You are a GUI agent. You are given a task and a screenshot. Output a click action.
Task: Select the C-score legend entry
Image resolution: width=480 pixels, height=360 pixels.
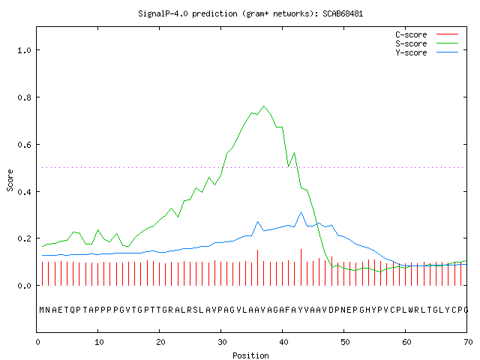(427, 34)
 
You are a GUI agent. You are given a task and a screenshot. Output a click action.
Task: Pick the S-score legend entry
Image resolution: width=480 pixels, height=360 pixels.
(427, 43)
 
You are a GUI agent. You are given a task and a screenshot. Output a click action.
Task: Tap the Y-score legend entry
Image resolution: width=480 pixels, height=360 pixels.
(427, 52)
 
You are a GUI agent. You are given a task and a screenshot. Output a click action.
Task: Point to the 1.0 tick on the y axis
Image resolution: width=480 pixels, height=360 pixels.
(24, 50)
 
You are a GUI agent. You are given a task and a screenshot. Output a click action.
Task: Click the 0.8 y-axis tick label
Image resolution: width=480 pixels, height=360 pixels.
(24, 97)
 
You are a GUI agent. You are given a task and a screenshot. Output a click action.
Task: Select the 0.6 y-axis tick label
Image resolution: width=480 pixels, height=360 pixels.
(24, 145)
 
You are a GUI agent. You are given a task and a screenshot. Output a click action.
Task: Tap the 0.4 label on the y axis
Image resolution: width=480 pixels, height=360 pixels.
(24, 192)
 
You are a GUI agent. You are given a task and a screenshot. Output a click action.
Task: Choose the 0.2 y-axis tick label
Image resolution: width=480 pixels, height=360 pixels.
(24, 238)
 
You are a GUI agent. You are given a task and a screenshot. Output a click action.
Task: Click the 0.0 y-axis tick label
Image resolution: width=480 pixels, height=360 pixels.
(24, 286)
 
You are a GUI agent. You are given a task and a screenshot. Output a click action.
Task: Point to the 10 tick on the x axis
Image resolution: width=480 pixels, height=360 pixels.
(99, 342)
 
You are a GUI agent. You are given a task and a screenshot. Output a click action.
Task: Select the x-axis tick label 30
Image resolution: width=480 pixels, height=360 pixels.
(222, 342)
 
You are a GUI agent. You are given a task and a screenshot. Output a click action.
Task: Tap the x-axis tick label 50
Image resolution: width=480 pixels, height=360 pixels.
(345, 342)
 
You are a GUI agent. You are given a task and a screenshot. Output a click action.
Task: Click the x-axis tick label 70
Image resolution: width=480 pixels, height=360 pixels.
(468, 342)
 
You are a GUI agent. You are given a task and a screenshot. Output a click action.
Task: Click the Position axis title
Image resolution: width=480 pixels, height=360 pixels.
(250, 355)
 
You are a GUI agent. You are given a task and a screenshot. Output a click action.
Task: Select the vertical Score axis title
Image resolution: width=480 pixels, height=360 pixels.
(10, 181)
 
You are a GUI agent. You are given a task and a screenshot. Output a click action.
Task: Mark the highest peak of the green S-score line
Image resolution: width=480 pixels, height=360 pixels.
(264, 106)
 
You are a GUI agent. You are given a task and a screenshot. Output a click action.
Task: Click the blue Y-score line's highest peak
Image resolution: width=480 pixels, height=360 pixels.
(301, 211)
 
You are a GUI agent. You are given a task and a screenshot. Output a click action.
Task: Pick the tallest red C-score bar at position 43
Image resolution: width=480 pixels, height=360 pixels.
(301, 267)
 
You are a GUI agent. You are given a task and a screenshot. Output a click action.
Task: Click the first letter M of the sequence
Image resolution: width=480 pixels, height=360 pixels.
(42, 310)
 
